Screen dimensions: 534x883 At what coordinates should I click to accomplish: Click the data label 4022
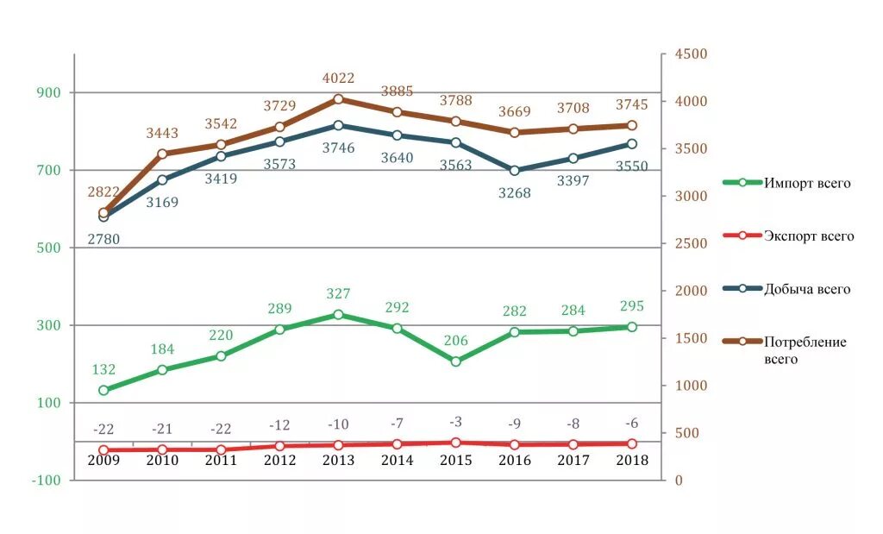(338, 79)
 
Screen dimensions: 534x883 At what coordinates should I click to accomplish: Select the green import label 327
(338, 294)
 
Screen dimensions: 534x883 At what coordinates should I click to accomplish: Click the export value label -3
(456, 421)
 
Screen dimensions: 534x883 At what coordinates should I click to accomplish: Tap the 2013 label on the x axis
(338, 460)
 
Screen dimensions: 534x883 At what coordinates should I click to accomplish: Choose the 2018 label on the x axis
(633, 460)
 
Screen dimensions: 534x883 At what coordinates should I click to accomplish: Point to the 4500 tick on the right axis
(690, 54)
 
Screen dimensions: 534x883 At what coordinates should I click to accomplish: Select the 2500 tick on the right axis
(690, 244)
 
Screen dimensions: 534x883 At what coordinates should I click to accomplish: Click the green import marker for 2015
(456, 361)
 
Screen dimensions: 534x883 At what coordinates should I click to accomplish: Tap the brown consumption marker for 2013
(338, 99)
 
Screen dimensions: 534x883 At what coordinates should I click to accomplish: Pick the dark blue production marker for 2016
(515, 171)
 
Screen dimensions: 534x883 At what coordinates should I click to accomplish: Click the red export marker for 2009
(103, 450)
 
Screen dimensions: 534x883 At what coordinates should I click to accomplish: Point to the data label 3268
(515, 193)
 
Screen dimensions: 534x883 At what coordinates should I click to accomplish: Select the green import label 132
(103, 369)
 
